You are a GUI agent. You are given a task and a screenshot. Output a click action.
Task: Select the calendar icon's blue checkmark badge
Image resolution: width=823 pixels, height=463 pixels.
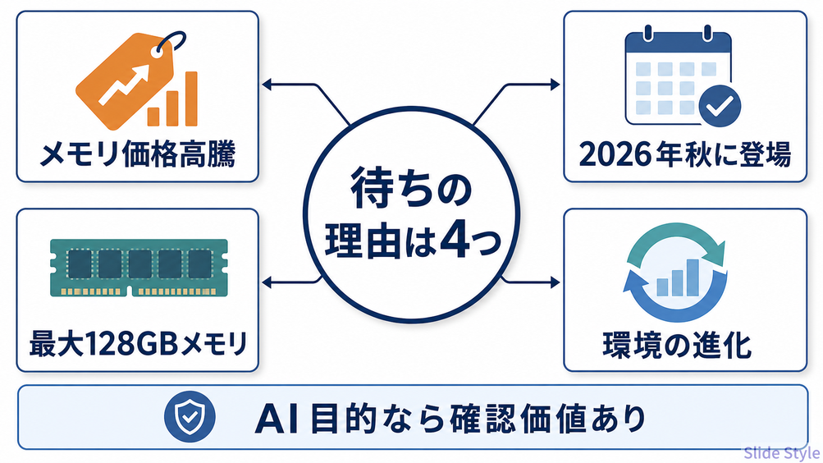click(x=720, y=106)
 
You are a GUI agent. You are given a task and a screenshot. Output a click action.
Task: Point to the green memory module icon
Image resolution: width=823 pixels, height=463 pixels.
click(x=139, y=268)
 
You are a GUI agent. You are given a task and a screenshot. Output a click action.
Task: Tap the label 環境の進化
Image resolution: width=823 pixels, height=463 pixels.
click(x=678, y=345)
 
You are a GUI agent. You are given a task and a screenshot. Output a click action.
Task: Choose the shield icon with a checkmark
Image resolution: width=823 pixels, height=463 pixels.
click(x=190, y=416)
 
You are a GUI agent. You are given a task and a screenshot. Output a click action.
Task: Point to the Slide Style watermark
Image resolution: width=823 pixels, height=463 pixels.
click(x=781, y=452)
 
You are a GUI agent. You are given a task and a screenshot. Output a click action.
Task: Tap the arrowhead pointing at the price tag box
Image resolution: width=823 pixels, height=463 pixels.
click(x=267, y=84)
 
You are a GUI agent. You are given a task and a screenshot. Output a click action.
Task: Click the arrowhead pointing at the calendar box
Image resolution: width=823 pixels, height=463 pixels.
click(x=555, y=84)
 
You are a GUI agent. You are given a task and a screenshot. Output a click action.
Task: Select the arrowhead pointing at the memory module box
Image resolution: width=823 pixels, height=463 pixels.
click(x=267, y=282)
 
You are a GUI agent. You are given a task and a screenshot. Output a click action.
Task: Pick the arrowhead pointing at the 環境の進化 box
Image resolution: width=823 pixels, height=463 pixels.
click(x=555, y=282)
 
